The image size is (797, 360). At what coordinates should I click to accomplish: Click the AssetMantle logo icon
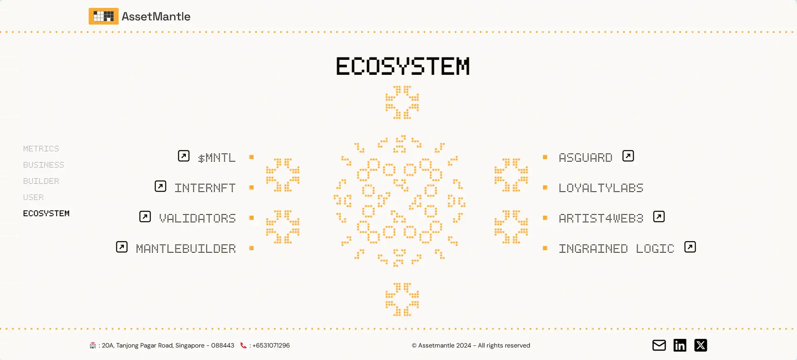104,16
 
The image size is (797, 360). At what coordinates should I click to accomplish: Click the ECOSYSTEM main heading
402,67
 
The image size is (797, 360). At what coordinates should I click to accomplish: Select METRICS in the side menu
41,148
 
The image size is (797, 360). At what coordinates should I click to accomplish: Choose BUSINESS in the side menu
44,165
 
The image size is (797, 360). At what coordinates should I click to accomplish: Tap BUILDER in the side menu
41,181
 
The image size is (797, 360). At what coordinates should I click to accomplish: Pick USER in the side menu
33,197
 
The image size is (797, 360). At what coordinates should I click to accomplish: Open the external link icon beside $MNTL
184,156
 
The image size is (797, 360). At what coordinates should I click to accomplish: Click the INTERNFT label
205,188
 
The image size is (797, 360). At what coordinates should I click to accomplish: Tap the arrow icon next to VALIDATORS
145,217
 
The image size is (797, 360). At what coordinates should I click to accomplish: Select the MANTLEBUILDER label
186,249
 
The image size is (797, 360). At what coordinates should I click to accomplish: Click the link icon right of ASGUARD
628,156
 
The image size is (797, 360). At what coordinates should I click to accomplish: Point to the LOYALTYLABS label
601,188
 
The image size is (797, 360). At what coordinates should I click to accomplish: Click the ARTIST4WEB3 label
601,218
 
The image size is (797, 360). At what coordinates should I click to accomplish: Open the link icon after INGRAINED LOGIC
690,247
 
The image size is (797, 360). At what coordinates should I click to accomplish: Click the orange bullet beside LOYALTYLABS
545,187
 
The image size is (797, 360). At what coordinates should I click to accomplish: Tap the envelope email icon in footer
659,345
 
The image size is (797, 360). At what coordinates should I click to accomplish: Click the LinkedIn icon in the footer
680,345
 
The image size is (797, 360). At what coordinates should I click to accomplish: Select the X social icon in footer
701,345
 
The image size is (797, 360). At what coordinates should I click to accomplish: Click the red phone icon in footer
243,345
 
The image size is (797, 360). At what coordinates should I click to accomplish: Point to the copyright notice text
471,345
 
